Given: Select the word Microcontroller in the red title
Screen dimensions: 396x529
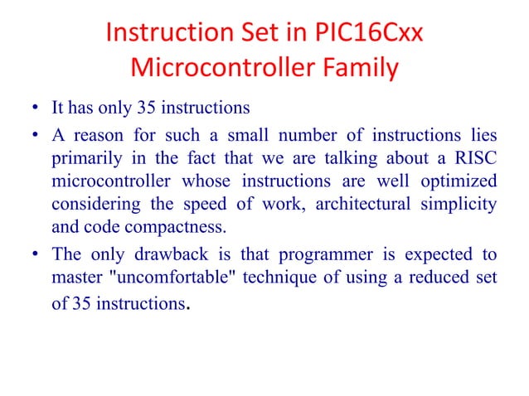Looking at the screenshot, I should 215,69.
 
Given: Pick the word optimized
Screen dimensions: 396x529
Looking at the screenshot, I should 460,181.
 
